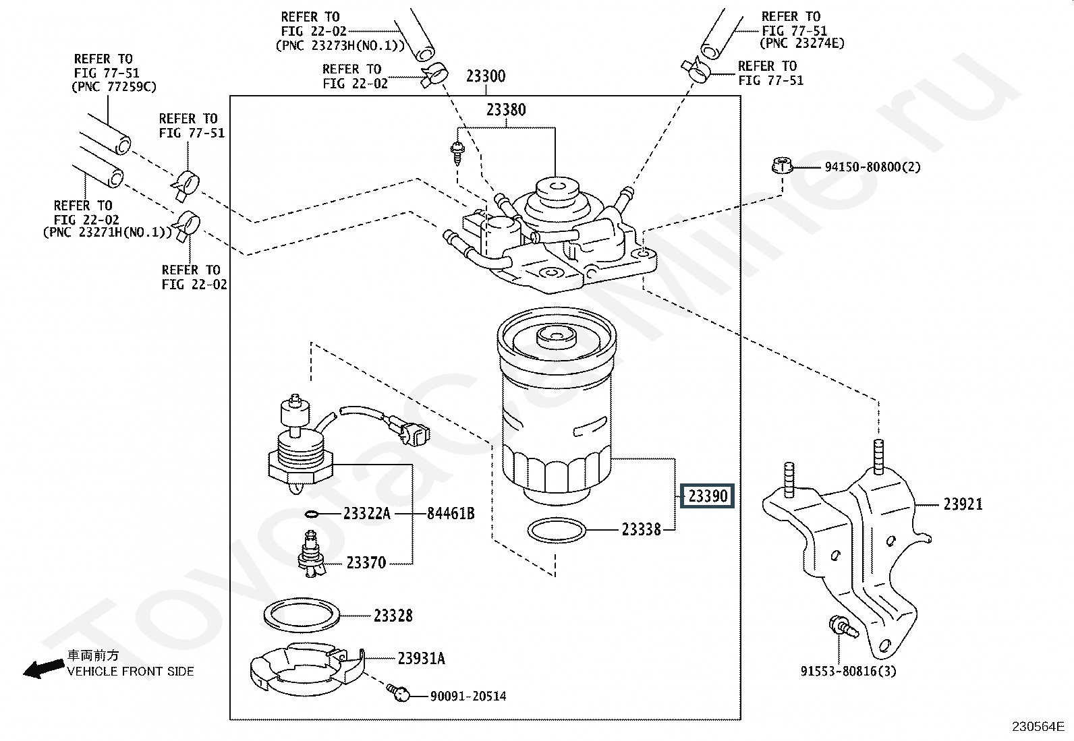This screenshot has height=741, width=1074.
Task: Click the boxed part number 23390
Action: pyautogui.click(x=708, y=496)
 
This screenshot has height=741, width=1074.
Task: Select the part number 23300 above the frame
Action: pyautogui.click(x=486, y=76)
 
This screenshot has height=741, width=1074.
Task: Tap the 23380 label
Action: pyautogui.click(x=506, y=110)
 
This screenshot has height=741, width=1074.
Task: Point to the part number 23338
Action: pyautogui.click(x=641, y=530)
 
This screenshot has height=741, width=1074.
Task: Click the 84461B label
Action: pyautogui.click(x=451, y=514)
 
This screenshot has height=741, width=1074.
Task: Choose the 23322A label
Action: pyautogui.click(x=367, y=514)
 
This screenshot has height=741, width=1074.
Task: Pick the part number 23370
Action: pyautogui.click(x=366, y=562)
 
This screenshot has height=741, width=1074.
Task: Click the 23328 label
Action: pyautogui.click(x=393, y=616)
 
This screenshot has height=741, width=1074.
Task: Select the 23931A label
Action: pyautogui.click(x=422, y=659)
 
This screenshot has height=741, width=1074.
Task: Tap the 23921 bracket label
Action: pyautogui.click(x=963, y=504)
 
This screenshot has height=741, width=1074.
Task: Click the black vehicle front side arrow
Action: pyautogui.click(x=44, y=669)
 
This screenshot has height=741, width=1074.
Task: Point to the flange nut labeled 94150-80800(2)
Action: pyautogui.click(x=781, y=165)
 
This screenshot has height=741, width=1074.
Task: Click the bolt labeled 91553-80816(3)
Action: pyautogui.click(x=843, y=628)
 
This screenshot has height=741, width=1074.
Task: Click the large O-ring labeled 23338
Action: pyautogui.click(x=557, y=530)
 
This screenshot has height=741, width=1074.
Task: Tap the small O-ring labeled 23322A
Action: pyautogui.click(x=311, y=514)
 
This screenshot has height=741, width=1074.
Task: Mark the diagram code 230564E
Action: pyautogui.click(x=1038, y=727)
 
